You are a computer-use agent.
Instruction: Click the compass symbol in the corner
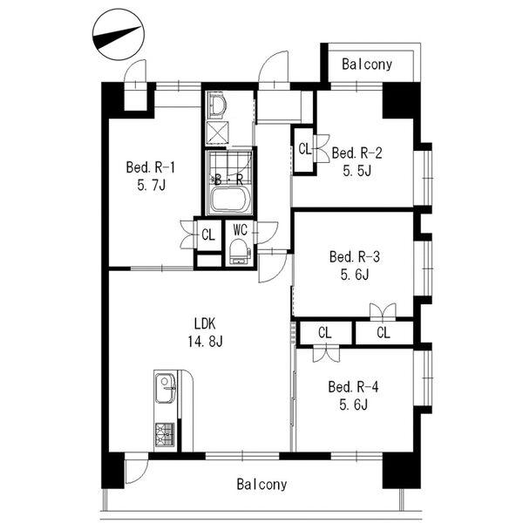(118, 35)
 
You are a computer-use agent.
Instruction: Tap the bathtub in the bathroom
(229, 200)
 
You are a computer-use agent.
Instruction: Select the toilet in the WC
(239, 251)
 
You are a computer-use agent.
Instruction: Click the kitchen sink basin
(166, 388)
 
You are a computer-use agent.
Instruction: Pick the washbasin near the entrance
(217, 105)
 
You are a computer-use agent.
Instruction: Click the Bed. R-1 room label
(151, 167)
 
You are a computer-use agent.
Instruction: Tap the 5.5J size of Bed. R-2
(357, 171)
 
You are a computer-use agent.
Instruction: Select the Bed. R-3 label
(355, 257)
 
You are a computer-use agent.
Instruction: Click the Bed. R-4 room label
(354, 387)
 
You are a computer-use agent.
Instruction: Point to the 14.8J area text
(205, 341)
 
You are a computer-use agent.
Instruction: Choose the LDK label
(205, 323)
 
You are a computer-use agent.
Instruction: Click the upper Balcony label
(367, 64)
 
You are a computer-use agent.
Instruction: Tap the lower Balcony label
(261, 485)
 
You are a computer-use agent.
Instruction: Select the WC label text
(241, 230)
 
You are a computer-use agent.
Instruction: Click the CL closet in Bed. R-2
(304, 149)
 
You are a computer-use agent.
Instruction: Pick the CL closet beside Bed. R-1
(208, 235)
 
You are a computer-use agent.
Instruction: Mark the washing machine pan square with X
(217, 132)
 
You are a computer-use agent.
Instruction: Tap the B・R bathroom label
(229, 180)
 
